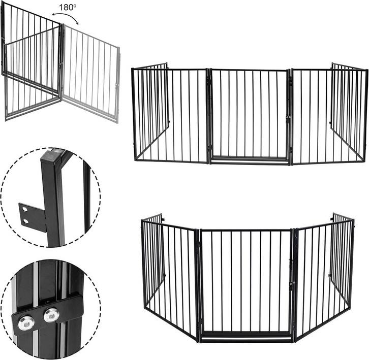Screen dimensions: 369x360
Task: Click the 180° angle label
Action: pos(68,7)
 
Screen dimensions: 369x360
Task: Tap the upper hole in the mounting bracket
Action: pos(24,209)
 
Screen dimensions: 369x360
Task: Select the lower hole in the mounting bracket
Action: pos(26,221)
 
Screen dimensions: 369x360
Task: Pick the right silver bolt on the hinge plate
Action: pos(50,315)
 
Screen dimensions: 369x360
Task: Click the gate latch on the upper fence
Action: pos(289,118)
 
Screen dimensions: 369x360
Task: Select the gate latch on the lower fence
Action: pos(292,284)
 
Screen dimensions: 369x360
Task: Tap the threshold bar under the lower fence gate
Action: pos(245,338)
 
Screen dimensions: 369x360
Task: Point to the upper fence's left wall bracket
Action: pos(169,122)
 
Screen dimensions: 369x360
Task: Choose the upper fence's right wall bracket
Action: pos(330,123)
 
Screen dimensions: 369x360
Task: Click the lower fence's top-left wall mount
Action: pos(163,220)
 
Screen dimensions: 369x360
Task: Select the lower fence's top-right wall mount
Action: pos(332,219)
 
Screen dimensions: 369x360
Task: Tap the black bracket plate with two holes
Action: pos(33,216)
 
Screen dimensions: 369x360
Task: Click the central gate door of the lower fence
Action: pos(245,282)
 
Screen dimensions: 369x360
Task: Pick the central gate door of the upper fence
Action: pos(249,114)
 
